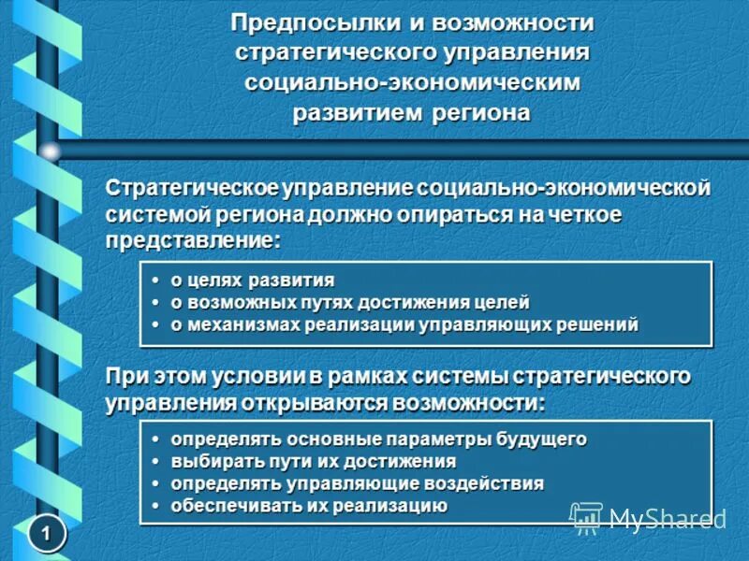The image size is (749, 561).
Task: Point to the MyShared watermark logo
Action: coord(648,517)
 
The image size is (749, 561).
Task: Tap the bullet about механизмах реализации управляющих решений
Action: coord(403,325)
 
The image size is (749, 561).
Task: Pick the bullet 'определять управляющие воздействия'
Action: coord(356,483)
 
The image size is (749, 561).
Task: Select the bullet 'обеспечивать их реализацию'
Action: coord(308,506)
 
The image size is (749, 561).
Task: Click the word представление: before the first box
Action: coord(192,239)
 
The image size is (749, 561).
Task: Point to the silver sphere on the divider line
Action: coord(50,151)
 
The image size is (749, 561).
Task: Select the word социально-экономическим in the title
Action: coord(413,82)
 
